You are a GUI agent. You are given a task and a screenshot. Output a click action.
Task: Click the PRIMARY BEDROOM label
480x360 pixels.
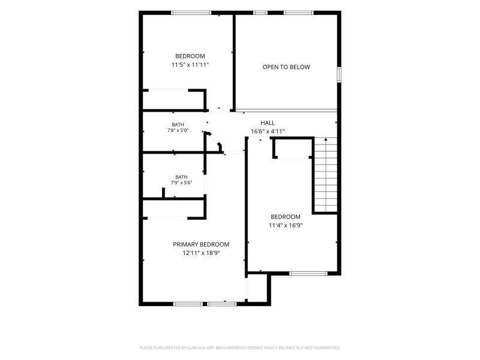click(x=201, y=244)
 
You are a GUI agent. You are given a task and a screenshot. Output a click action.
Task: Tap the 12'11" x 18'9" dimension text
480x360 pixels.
click(x=201, y=253)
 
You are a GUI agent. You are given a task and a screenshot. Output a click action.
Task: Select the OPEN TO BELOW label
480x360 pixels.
click(x=286, y=67)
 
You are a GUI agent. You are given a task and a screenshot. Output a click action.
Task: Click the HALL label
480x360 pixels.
click(x=268, y=123)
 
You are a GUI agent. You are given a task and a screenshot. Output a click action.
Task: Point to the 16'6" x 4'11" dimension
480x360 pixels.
click(x=268, y=131)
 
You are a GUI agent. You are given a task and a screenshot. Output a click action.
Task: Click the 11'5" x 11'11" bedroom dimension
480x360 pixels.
click(x=190, y=65)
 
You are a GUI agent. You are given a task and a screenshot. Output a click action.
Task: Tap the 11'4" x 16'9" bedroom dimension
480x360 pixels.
click(x=286, y=226)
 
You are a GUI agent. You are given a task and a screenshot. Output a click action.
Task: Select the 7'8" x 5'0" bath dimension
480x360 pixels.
click(x=178, y=130)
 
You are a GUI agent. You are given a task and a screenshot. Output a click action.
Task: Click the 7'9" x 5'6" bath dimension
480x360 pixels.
click(x=181, y=183)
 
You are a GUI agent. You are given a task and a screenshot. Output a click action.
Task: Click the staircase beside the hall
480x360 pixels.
click(x=326, y=175)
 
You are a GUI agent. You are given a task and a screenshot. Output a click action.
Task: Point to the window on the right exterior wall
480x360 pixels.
click(x=339, y=74)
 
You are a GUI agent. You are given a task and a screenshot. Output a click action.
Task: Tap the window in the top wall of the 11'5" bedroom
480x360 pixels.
click(x=191, y=13)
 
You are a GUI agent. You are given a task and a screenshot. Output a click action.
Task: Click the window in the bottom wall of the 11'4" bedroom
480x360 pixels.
click(x=308, y=274)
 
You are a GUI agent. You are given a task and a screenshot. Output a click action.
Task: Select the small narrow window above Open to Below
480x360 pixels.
click(x=260, y=13)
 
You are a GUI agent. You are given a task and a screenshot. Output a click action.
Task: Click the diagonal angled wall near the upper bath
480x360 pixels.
click(x=214, y=141)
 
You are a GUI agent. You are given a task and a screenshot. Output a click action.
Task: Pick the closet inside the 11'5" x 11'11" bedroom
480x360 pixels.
click(x=173, y=100)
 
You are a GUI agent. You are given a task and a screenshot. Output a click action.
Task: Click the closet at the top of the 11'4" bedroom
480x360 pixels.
click(x=293, y=148)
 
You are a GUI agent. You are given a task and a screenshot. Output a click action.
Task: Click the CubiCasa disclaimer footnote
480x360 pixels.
click(x=239, y=348)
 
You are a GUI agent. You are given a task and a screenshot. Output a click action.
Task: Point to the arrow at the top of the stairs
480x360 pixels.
click(x=326, y=140)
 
